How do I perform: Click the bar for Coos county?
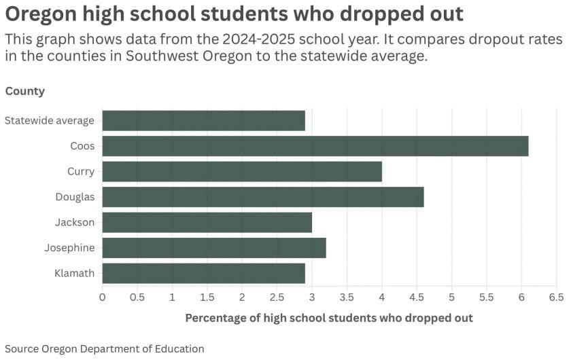[x=315, y=146]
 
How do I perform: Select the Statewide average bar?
[x=203, y=120]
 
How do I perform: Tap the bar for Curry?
[x=242, y=171]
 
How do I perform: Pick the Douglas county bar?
[x=263, y=197]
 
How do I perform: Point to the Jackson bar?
[x=207, y=222]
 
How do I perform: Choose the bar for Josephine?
[x=214, y=248]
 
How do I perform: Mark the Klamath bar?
[x=203, y=273]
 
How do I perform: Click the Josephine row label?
[x=69, y=248]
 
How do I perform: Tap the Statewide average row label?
[x=50, y=120]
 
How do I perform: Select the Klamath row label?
[x=74, y=273]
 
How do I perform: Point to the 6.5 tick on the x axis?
[x=556, y=298]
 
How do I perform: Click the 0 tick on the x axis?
[x=103, y=298]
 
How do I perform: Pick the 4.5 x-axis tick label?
[x=417, y=298]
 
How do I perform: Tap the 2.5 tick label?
[x=277, y=298]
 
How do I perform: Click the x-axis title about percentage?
[x=329, y=318]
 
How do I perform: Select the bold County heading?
[x=25, y=91]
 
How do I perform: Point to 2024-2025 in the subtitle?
[x=258, y=39]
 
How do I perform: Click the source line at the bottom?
[x=105, y=348]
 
